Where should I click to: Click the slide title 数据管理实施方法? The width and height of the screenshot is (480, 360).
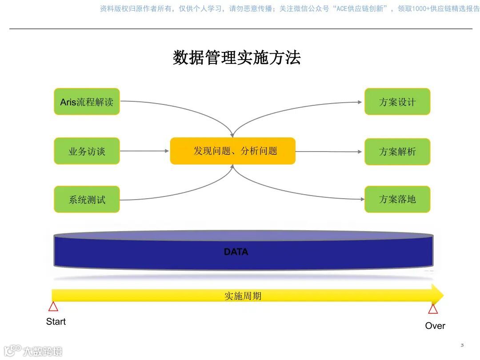(x=236, y=58)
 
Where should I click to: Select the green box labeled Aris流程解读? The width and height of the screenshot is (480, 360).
(x=87, y=102)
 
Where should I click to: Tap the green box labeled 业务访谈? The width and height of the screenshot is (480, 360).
(x=87, y=151)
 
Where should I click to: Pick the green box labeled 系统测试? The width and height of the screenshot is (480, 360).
(x=87, y=199)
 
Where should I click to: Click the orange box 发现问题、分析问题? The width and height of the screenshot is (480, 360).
(x=232, y=151)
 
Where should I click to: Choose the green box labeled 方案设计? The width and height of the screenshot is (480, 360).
(x=397, y=102)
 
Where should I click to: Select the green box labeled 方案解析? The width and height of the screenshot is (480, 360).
(x=397, y=152)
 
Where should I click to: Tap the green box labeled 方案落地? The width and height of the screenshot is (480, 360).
(x=397, y=199)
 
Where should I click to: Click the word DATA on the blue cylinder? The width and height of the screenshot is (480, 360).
(x=236, y=252)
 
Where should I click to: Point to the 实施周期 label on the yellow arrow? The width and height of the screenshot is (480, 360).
(x=243, y=296)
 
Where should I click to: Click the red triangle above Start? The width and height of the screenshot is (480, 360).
(x=53, y=307)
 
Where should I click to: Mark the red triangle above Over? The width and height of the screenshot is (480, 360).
(x=433, y=309)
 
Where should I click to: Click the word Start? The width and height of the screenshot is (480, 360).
(x=56, y=321)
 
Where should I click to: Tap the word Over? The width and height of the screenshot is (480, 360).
(x=435, y=326)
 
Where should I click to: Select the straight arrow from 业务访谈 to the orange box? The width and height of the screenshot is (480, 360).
(x=144, y=151)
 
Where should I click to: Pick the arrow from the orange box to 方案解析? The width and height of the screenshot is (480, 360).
(x=329, y=152)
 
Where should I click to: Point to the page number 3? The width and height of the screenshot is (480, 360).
(x=462, y=345)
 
